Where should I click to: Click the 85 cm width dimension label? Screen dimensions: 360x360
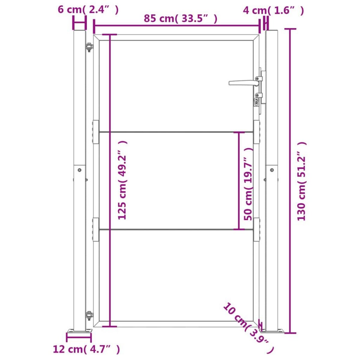[x=180, y=19]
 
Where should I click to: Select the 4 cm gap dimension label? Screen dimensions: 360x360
[x=273, y=10]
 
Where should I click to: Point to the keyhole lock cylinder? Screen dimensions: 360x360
[x=257, y=102]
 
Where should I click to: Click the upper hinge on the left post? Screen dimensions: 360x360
[x=89, y=47]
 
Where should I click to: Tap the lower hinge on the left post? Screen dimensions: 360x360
[x=89, y=316]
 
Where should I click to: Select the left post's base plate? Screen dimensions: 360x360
[x=79, y=331]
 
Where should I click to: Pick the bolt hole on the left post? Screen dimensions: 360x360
[x=79, y=170]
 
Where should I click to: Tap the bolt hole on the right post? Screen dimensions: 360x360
[x=272, y=170]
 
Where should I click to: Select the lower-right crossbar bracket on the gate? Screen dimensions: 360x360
[x=256, y=229]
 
